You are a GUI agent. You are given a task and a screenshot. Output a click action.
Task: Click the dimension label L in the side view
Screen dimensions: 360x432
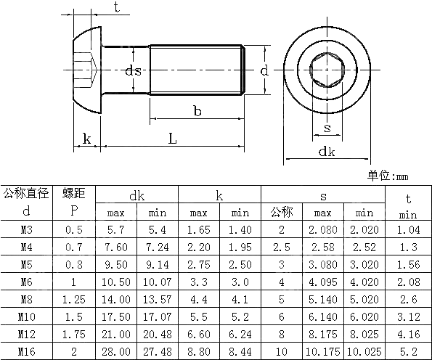[x=172, y=137]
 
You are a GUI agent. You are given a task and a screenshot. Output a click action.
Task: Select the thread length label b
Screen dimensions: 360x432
[x=197, y=110]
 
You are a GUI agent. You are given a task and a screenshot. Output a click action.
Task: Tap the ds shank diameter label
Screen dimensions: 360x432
[x=132, y=70]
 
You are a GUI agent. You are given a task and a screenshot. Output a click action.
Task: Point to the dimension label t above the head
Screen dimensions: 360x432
[x=117, y=7]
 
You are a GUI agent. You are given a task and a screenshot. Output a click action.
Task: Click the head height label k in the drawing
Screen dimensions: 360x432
[x=87, y=138]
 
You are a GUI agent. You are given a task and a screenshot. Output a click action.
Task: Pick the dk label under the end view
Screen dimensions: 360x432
[x=327, y=151]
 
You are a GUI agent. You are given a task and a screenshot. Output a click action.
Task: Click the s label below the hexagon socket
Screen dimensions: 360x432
[x=327, y=128]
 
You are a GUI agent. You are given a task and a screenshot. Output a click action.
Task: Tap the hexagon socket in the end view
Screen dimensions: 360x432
[x=327, y=71]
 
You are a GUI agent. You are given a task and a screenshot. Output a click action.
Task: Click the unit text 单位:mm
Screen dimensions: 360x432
[x=388, y=176]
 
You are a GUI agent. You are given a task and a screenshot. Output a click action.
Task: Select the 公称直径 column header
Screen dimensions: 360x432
[x=26, y=193]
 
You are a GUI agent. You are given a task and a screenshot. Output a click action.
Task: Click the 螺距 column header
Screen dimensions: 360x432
[x=73, y=193]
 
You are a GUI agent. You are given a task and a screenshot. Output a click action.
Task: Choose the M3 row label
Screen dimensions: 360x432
[x=26, y=230]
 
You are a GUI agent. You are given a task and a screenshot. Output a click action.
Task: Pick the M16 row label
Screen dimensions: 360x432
[x=26, y=351]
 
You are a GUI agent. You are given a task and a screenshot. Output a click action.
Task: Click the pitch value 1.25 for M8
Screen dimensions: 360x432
[x=73, y=299]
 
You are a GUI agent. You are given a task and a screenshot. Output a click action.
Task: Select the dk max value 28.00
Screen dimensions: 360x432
[x=117, y=351]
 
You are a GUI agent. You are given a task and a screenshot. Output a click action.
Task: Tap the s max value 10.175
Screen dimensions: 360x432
[x=322, y=351]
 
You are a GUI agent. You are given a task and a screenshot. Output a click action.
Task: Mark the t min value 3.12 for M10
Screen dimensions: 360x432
[x=407, y=316]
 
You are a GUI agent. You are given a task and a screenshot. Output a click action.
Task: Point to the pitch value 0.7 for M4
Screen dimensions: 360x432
[x=73, y=247]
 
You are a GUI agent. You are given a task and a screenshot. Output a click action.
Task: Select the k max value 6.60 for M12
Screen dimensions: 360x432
[x=199, y=334]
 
